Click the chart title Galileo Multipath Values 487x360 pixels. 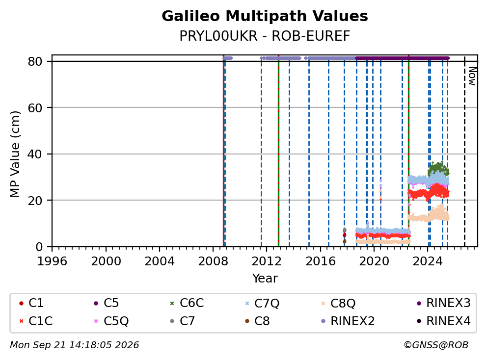(x=265, y=16)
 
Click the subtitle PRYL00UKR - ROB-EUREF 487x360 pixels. (x=265, y=36)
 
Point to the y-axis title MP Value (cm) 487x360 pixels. (x=15, y=154)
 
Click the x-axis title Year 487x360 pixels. (x=265, y=279)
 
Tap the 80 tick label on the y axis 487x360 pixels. (x=35, y=61)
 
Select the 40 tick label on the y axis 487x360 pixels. (x=35, y=154)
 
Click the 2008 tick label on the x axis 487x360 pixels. (x=213, y=261)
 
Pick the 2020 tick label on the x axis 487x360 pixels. (x=374, y=261)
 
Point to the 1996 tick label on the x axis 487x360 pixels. (x=52, y=261)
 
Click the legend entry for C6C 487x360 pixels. (x=187, y=303)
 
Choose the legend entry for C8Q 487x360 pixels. (x=339, y=303)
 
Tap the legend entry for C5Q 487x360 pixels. (x=111, y=321)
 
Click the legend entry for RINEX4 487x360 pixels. (x=444, y=321)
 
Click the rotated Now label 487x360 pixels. (x=472, y=76)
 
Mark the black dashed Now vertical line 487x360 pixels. (x=464, y=151)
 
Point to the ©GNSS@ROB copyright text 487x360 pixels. (x=436, y=345)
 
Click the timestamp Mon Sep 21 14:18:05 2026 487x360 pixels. (x=75, y=345)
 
